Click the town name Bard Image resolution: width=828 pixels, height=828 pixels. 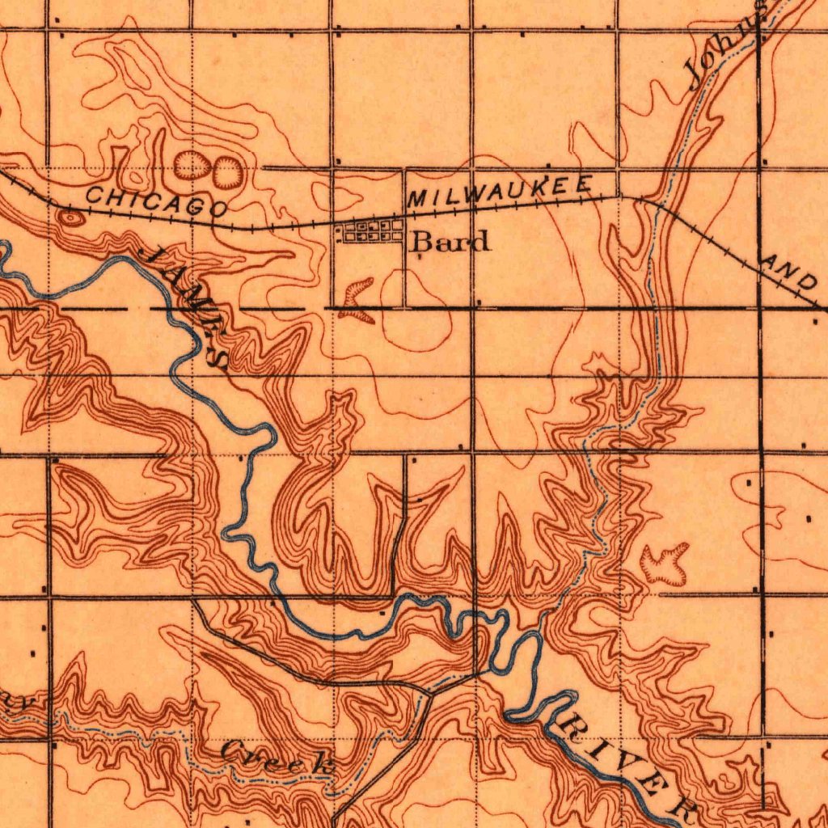pyautogui.click(x=451, y=241)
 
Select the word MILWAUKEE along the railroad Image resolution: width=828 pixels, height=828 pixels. pyautogui.click(x=501, y=191)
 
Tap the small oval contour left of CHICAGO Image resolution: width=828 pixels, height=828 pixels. pyautogui.click(x=71, y=217)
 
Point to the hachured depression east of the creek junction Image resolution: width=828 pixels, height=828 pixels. pyautogui.click(x=665, y=564)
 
